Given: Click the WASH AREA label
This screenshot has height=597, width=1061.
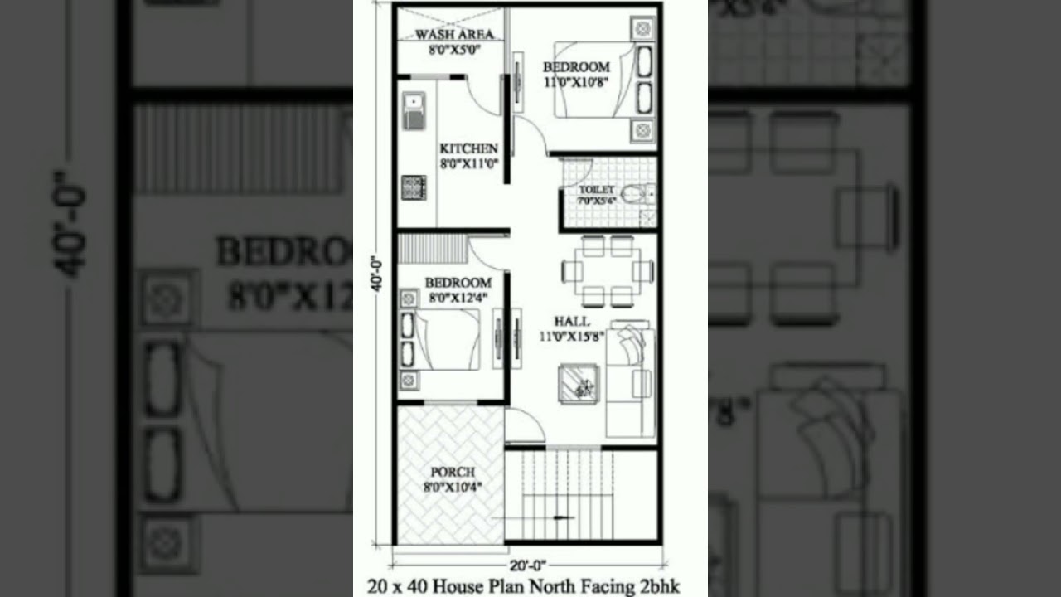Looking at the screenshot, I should [x=454, y=34].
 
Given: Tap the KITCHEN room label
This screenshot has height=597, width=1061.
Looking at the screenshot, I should [x=468, y=148].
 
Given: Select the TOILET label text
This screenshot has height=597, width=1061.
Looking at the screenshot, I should [x=597, y=190].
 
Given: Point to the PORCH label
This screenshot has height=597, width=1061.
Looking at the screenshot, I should [x=453, y=472].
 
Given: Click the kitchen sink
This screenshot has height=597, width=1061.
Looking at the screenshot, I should [x=414, y=111].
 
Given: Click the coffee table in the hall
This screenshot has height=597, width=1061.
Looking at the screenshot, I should [x=577, y=383].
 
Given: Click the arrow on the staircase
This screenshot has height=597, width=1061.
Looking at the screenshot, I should [x=564, y=517].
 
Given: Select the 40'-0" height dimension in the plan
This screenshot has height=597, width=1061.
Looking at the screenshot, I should [x=376, y=273].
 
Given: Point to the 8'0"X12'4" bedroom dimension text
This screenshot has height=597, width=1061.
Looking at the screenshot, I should [x=458, y=297].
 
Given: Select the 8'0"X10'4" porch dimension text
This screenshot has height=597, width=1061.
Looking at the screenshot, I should [x=453, y=487].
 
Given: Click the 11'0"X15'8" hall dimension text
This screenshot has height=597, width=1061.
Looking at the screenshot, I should [x=572, y=336].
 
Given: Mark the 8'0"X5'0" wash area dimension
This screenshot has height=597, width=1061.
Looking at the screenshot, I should [x=454, y=49].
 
